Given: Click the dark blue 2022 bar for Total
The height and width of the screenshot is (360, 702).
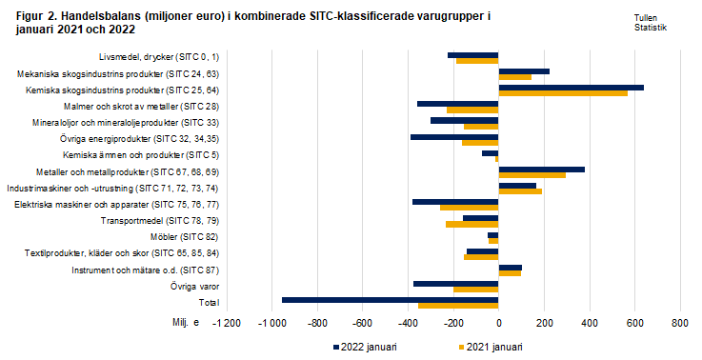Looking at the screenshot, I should point(390,299).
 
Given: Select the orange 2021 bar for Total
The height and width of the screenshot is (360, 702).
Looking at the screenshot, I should point(458,306).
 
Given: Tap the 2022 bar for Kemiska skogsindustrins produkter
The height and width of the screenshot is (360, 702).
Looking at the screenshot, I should point(571,87).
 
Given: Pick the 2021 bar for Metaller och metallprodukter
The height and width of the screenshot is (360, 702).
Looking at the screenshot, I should point(532,175).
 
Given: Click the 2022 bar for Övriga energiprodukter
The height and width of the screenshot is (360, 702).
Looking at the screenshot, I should point(454,136).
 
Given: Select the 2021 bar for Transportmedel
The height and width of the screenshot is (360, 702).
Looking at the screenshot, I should point(471,225).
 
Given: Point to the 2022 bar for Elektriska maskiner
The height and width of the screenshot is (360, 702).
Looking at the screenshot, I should point(455,201).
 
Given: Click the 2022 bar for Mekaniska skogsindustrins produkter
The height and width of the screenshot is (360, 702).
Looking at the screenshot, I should point(524,70).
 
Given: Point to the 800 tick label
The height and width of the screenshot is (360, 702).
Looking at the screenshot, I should point(679,324).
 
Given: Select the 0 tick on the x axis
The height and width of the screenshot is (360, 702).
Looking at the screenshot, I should point(498,324).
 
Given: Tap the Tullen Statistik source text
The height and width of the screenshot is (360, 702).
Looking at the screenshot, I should point(650,23).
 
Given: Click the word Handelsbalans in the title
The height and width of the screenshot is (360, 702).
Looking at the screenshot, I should point(87,17).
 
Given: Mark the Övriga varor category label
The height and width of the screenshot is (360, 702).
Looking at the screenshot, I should point(194,286).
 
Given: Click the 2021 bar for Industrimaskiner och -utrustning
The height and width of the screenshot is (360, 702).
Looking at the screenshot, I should point(520,191).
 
